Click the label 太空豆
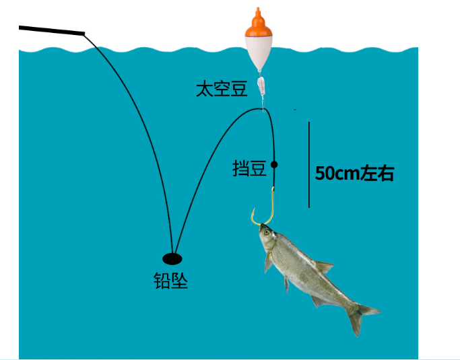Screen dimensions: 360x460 [x=222, y=89]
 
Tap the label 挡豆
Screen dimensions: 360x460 [x=250, y=168]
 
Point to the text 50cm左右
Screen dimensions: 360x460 [x=354, y=174]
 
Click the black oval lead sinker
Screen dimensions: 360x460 [x=172, y=258]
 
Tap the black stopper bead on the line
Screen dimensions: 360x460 [x=274, y=164]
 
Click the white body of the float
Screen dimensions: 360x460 [x=258, y=50]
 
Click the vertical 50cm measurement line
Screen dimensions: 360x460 [x=309, y=165]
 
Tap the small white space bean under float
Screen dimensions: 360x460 [x=262, y=85]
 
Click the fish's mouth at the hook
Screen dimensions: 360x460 [x=262, y=227]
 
